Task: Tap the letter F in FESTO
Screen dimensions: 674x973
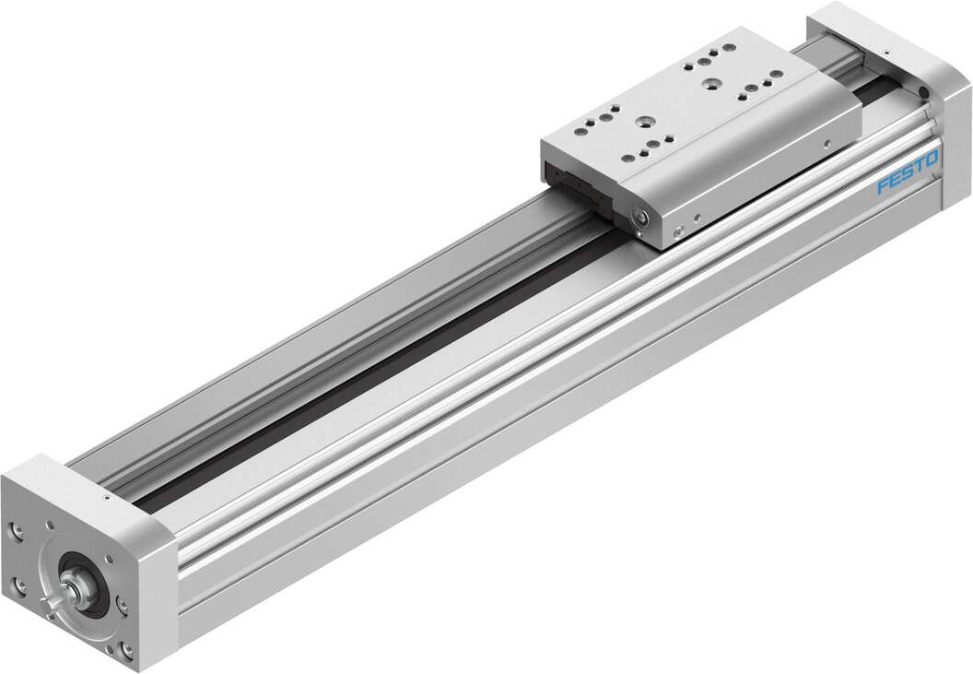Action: coord(883,188)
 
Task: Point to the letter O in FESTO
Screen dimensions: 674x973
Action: coord(932,160)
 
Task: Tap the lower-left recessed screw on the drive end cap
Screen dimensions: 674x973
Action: coord(21,584)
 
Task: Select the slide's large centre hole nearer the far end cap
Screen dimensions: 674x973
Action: coord(710,84)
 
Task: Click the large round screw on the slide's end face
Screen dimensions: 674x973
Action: coord(638,216)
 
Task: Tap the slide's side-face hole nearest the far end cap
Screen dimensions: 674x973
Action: coord(828,144)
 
